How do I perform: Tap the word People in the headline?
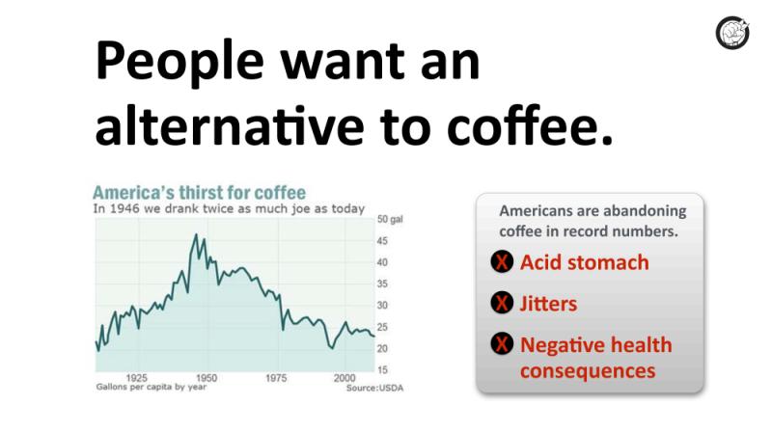point(179,61)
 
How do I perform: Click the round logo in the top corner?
point(732,33)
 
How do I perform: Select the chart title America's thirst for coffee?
point(200,192)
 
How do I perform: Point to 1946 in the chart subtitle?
point(124,208)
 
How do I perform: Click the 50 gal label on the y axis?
point(390,220)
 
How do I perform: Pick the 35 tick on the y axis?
point(382,284)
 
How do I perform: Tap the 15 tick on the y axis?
point(382,370)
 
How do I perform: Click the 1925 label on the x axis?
point(137,378)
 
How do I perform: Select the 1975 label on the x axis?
point(276,378)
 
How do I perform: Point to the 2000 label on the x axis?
point(345,378)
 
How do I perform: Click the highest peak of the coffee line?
point(196,234)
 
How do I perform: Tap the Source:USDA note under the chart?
point(374,388)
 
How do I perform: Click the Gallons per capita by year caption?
point(152,387)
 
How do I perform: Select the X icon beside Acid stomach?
point(502,261)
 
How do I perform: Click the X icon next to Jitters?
point(502,303)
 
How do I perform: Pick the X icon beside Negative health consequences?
point(502,343)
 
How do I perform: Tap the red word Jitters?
point(548,304)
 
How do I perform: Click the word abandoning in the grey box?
point(645,211)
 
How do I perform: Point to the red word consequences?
point(588,371)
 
